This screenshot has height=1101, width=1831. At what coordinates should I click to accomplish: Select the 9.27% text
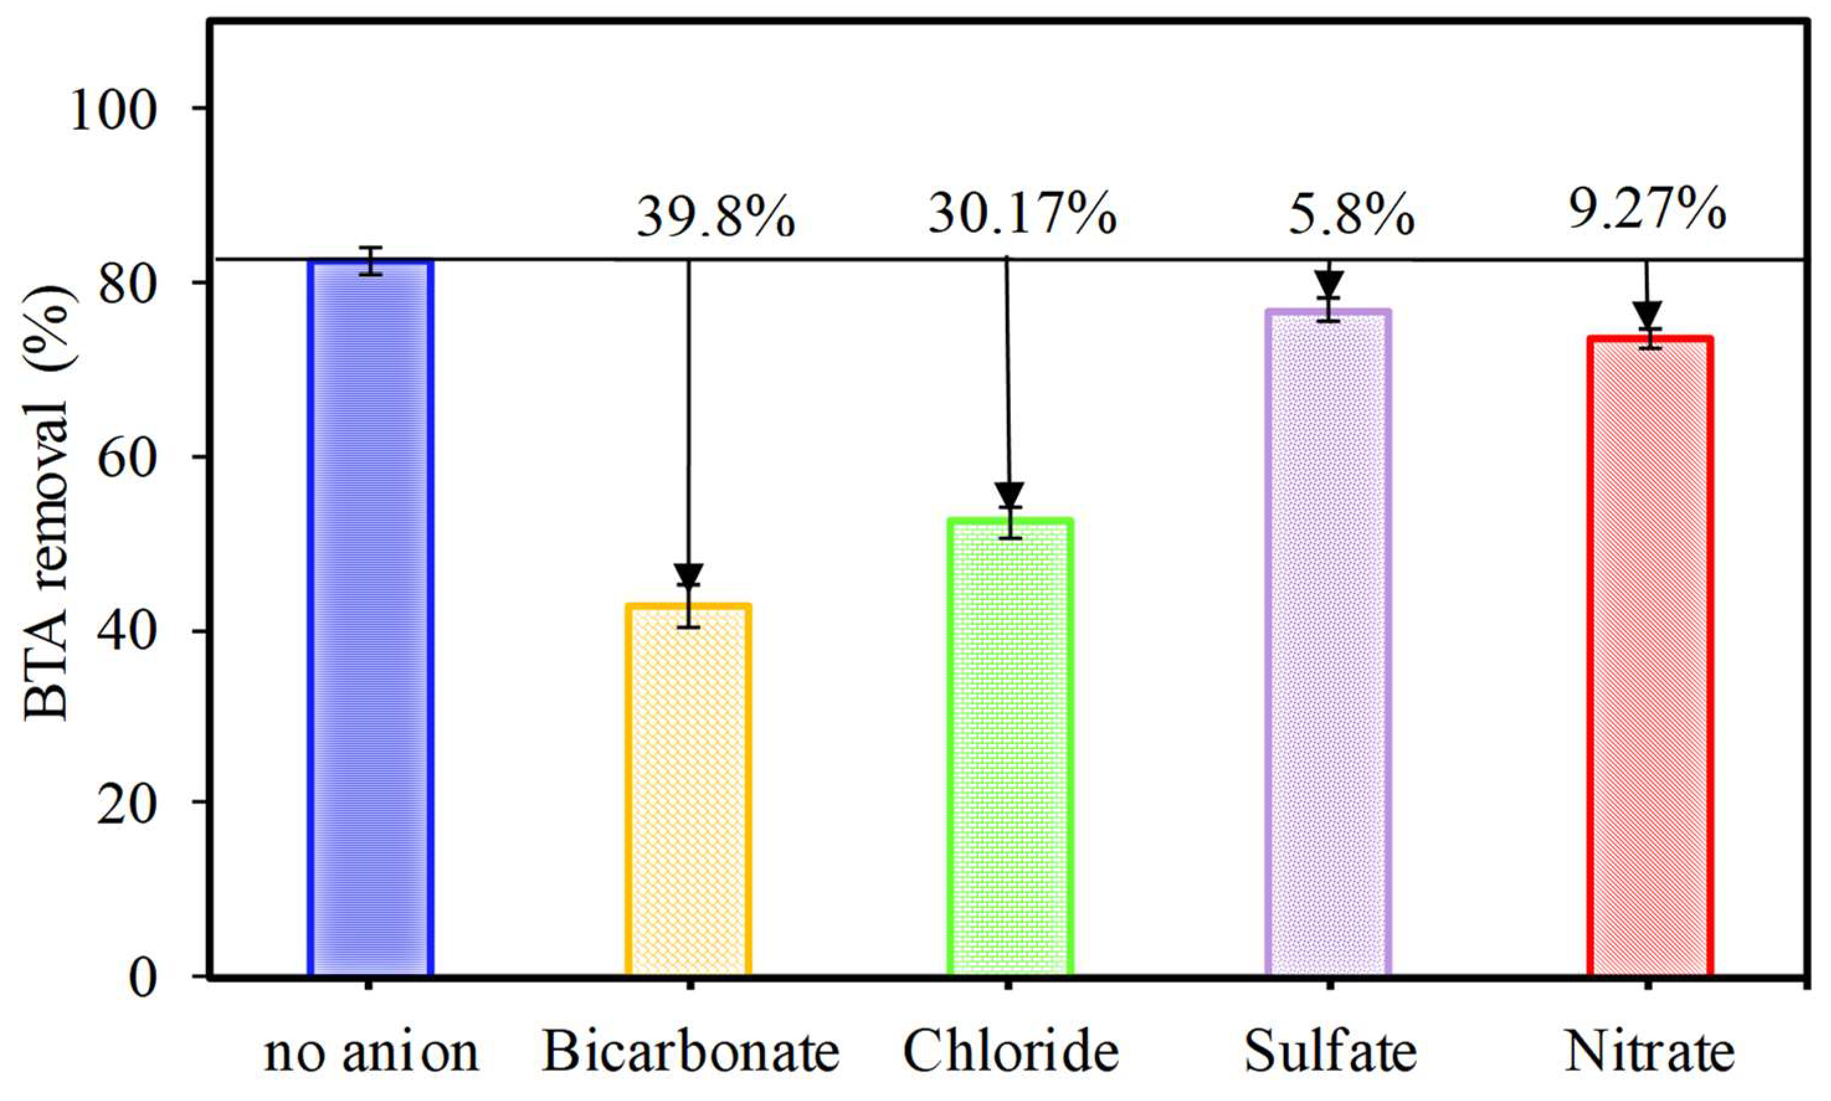[x=1646, y=210]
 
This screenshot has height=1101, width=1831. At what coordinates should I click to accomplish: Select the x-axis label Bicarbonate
[x=690, y=1051]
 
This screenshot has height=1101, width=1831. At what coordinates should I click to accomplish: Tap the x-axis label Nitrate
[x=1649, y=1051]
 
